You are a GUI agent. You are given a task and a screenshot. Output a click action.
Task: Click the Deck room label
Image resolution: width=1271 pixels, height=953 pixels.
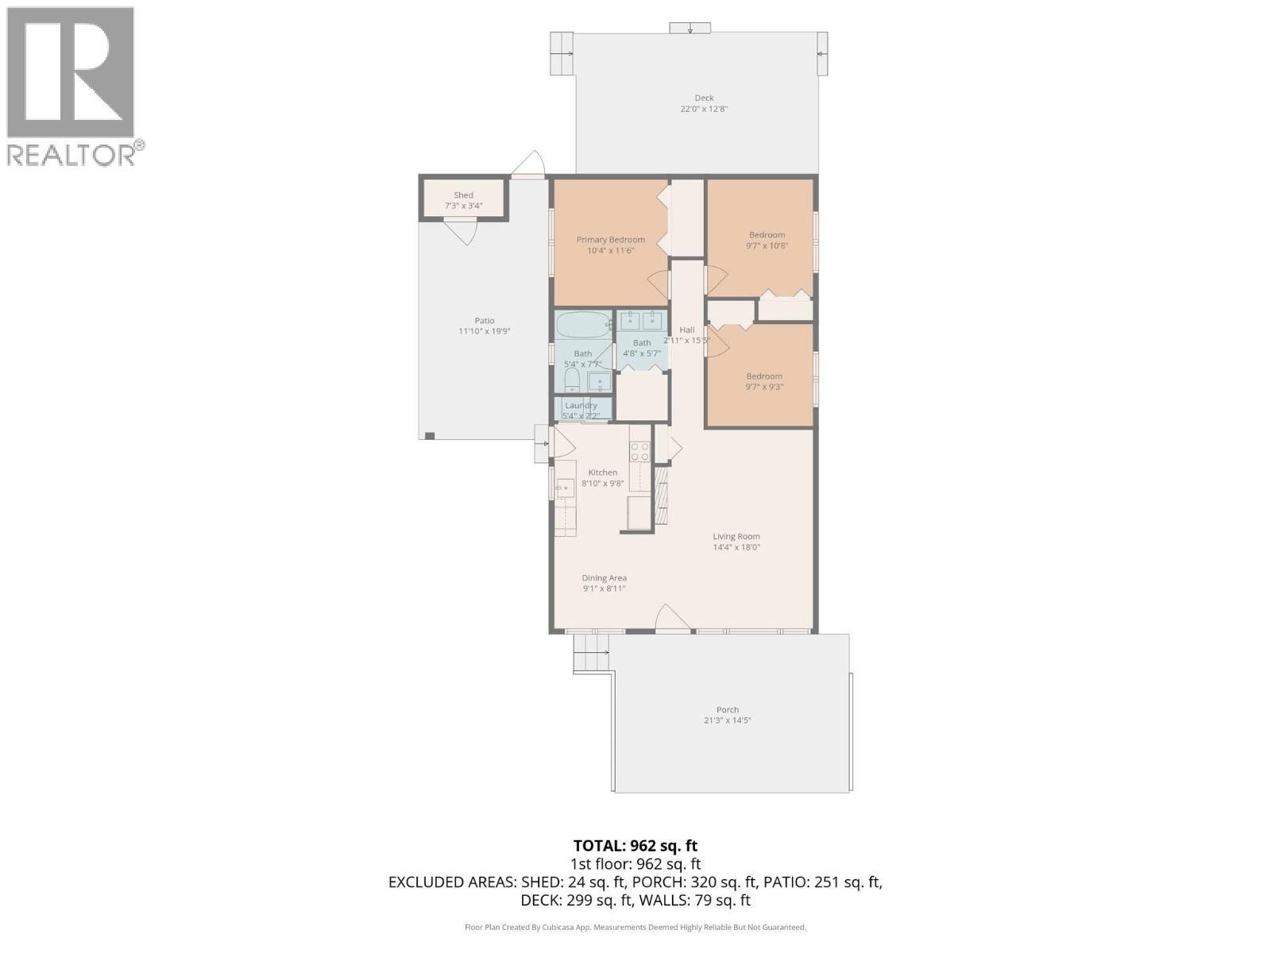pos(704,98)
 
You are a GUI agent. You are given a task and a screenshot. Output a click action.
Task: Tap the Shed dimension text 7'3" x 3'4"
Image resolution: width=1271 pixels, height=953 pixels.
pos(463,206)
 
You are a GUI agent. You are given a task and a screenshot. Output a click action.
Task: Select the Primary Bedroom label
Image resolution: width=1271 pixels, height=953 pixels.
pos(610,240)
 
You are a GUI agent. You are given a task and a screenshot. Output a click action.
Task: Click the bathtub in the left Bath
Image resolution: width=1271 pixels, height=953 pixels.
pos(582,326)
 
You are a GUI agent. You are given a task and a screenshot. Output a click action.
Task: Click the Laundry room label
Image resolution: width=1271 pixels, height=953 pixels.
pos(581,405)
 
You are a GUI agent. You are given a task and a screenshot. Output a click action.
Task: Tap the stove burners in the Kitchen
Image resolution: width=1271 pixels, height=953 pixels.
pos(639,452)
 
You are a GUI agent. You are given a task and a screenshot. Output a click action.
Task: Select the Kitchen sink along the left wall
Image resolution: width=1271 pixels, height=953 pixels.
pos(566,488)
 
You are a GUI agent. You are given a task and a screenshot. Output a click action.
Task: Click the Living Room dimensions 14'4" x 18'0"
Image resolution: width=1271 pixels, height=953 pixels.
pos(736,547)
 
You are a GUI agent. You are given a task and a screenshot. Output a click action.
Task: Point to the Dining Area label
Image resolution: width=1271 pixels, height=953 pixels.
pos(604,578)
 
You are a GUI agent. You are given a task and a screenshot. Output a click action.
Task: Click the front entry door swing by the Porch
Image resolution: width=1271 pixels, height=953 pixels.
pos(672,619)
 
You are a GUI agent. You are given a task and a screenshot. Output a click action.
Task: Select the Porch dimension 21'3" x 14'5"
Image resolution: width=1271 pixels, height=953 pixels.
pos(727,721)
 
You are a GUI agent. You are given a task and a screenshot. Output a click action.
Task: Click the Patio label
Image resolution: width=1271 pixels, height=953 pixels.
pos(485,321)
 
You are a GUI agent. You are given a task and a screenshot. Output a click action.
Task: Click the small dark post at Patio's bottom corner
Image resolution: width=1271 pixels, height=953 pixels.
pos(430,435)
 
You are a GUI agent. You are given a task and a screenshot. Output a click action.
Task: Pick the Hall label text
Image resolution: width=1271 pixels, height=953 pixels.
pos(686,330)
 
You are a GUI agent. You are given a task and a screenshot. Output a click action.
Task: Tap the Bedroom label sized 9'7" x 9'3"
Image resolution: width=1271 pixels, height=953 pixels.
pos(763,376)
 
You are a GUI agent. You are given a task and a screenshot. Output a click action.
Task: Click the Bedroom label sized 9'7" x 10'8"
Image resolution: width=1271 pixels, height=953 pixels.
pos(767,235)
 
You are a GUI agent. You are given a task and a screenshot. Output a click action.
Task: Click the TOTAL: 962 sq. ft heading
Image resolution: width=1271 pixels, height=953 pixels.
pos(635,846)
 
